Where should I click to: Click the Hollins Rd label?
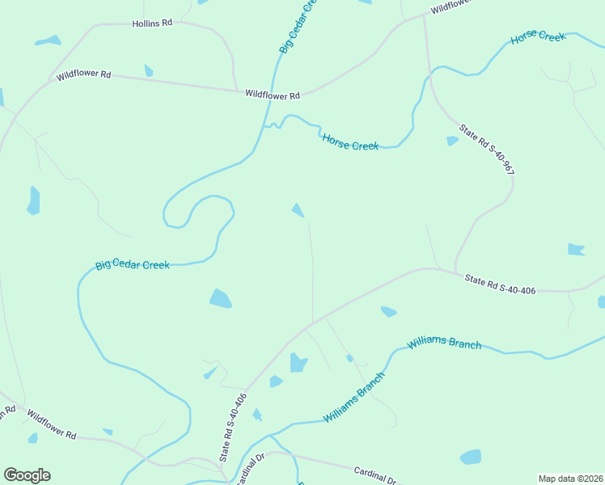(x=152, y=24)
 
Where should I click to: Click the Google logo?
(x=27, y=475)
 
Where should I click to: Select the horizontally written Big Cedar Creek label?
(x=133, y=265)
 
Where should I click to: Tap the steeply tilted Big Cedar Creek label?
(x=295, y=27)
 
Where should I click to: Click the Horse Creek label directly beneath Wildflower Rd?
(x=350, y=142)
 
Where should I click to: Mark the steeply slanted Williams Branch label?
(x=354, y=396)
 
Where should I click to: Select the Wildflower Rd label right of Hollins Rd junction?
(x=273, y=95)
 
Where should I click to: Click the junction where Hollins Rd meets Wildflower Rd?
(x=235, y=90)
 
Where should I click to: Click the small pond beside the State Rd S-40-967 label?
(x=452, y=141)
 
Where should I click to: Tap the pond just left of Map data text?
(x=471, y=457)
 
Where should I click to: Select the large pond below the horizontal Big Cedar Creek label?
(x=220, y=299)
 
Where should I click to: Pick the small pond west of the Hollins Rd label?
(x=48, y=40)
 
